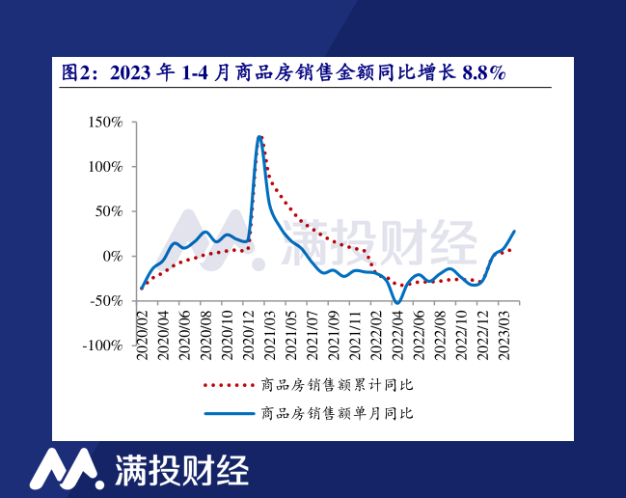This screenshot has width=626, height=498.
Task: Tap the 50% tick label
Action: click(110, 211)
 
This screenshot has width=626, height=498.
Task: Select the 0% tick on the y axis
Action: click(114, 256)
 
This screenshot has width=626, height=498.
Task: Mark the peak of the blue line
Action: click(259, 136)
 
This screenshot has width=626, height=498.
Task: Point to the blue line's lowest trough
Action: click(396, 303)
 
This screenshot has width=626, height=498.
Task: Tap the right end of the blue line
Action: click(514, 231)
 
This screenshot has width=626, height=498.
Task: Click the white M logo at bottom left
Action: click(65, 468)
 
